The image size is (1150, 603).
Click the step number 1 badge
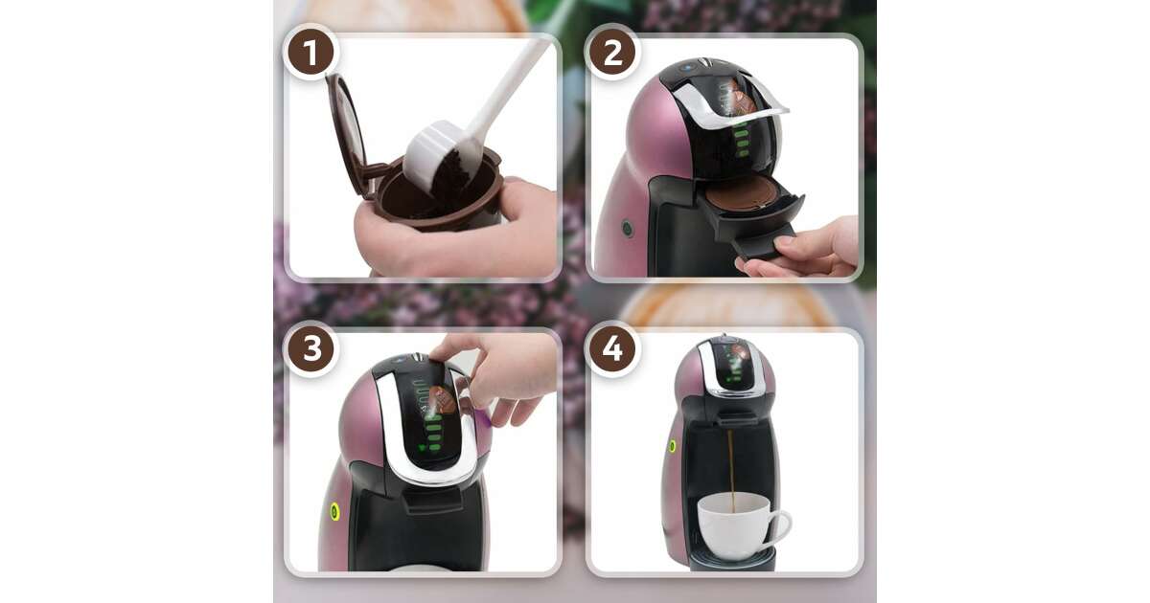(x=310, y=52)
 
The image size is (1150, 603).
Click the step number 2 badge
(x=612, y=52)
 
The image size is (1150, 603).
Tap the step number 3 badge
(x=311, y=349)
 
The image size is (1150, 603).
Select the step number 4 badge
(x=612, y=349)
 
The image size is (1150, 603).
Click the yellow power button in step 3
(x=334, y=511)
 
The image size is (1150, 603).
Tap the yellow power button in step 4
(x=672, y=446)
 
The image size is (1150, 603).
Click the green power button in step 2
(x=627, y=228)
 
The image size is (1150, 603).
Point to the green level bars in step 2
(x=742, y=139)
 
